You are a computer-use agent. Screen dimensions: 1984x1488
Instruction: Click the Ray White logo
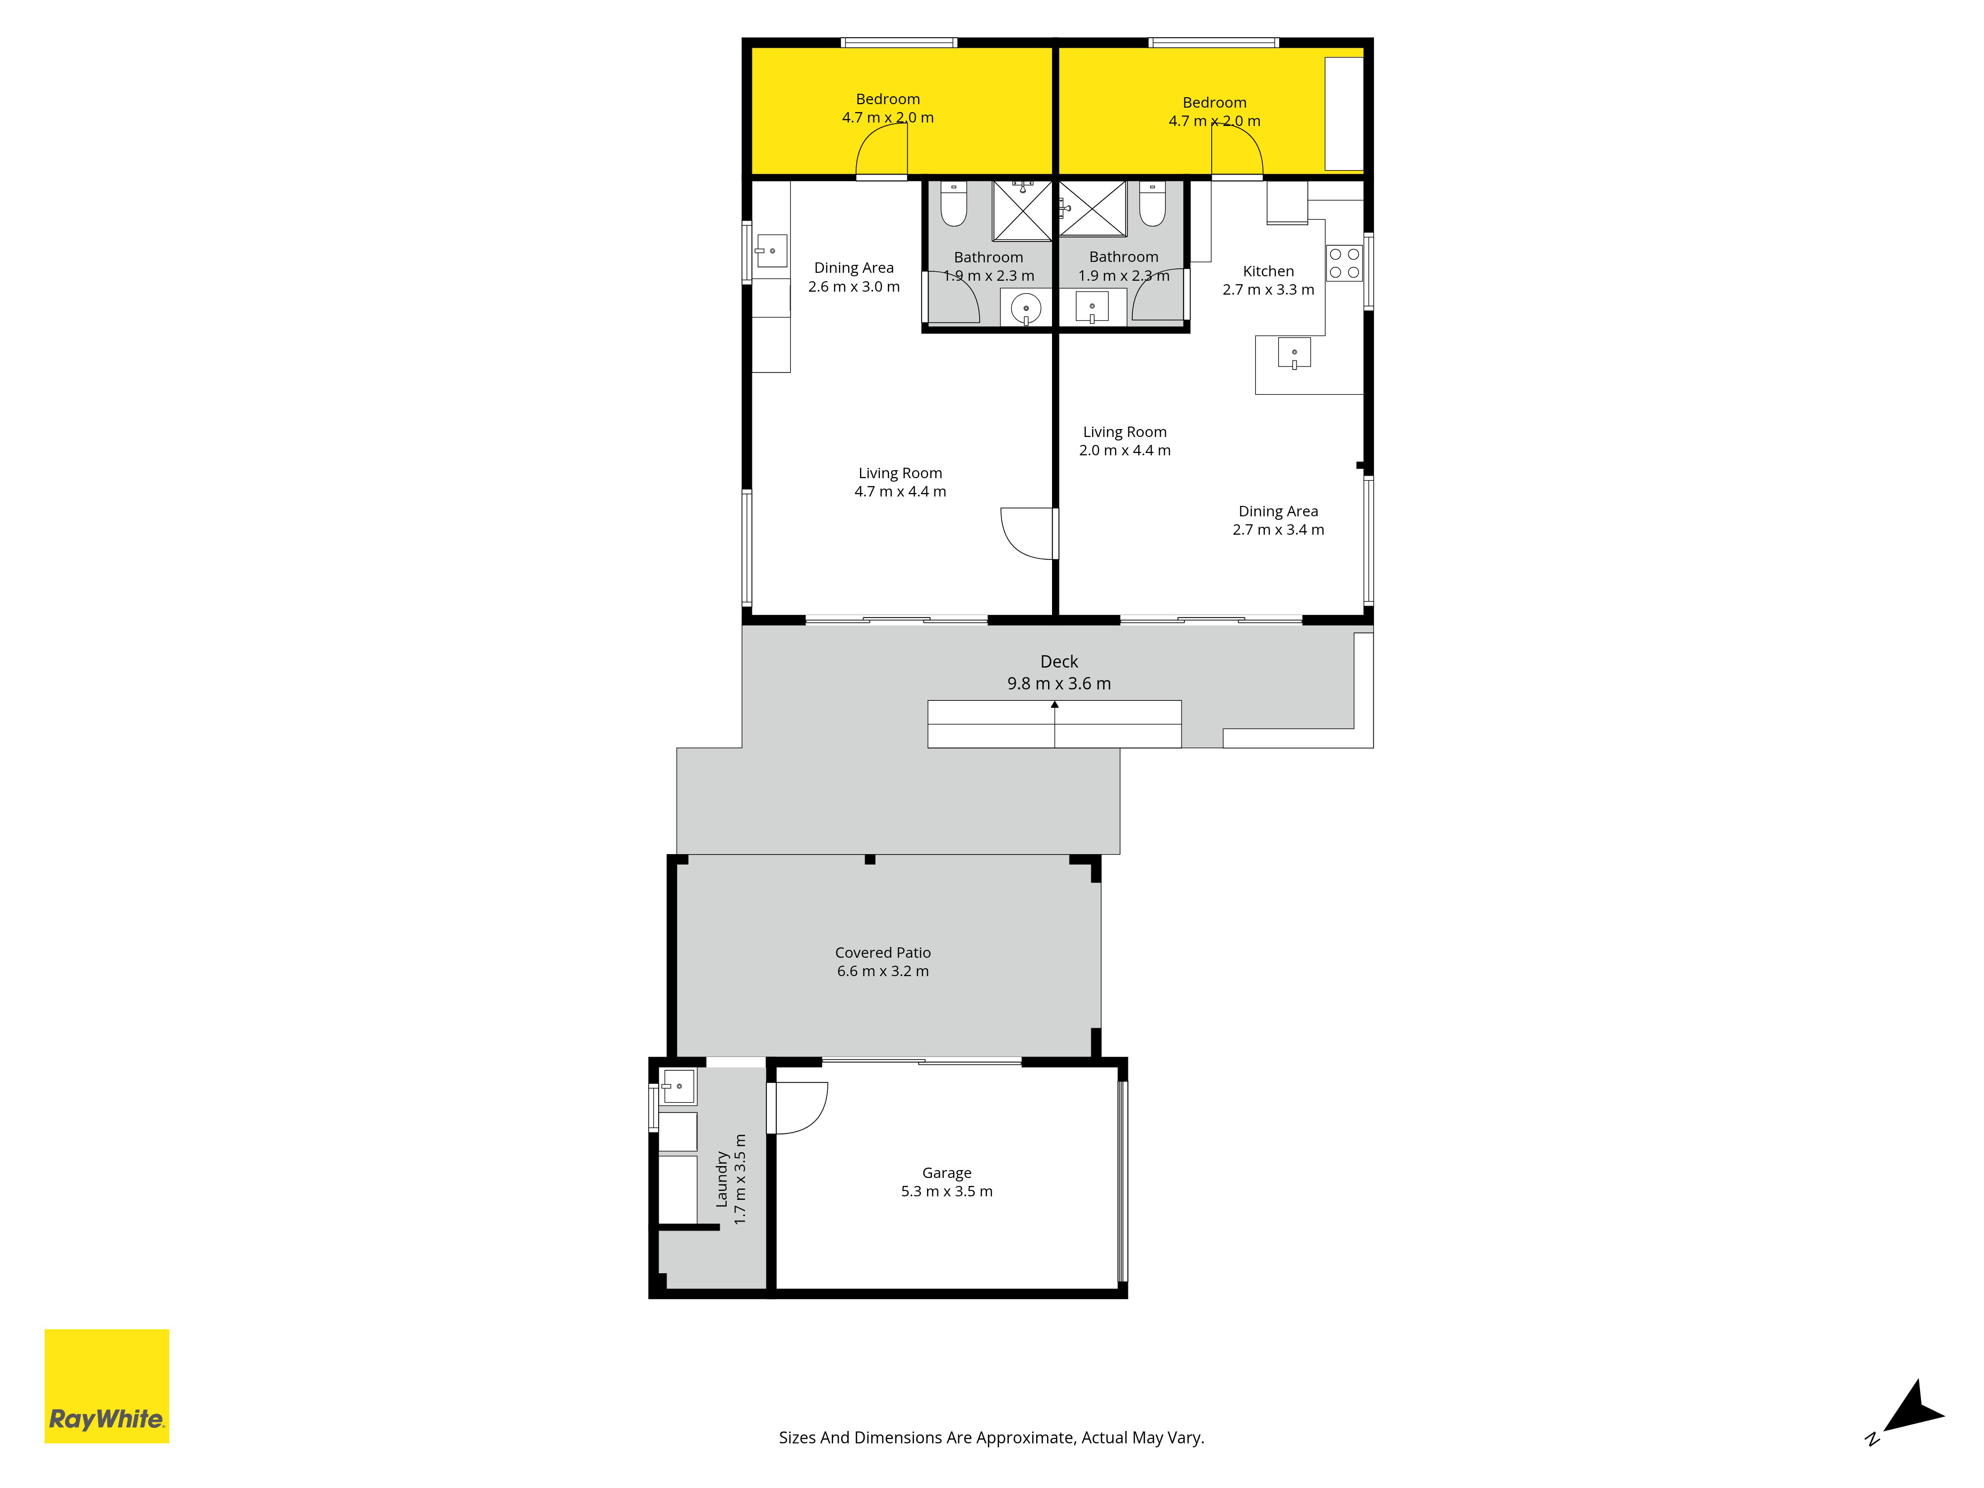point(107,1386)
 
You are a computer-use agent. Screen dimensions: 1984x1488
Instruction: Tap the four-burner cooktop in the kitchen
point(1345,263)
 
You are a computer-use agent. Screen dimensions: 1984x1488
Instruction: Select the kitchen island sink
point(1294,353)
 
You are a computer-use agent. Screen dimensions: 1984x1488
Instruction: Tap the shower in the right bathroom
point(1093,209)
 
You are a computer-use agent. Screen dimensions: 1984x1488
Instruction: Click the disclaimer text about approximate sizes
point(991,1438)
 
